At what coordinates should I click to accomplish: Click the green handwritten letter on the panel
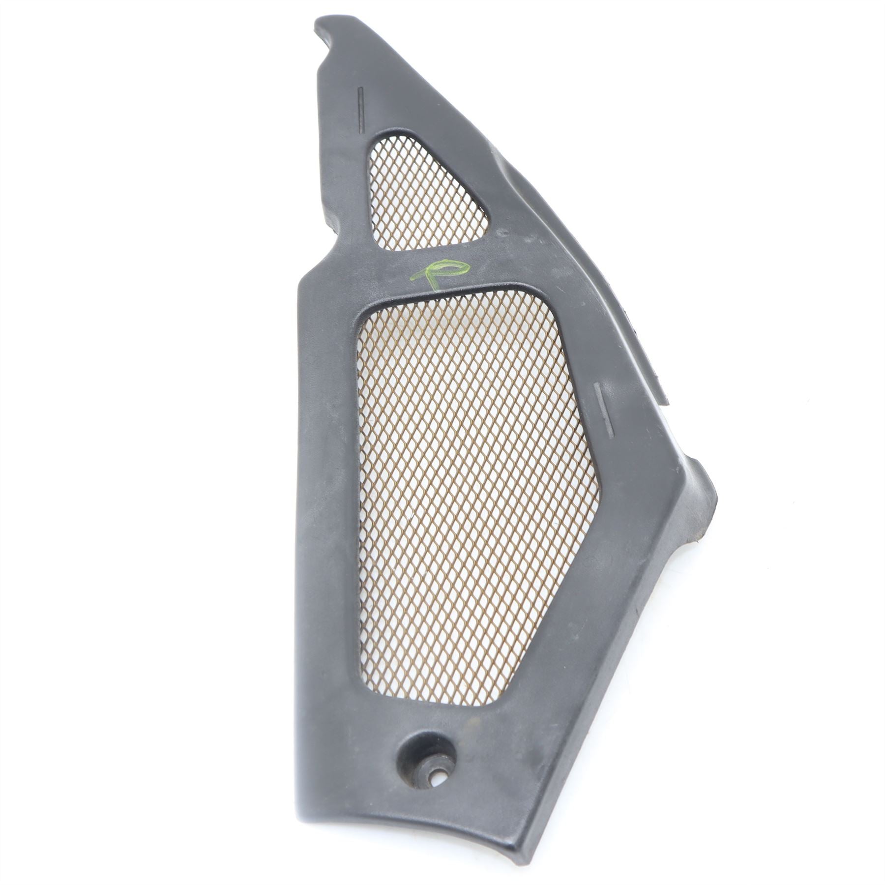pos(439,273)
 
